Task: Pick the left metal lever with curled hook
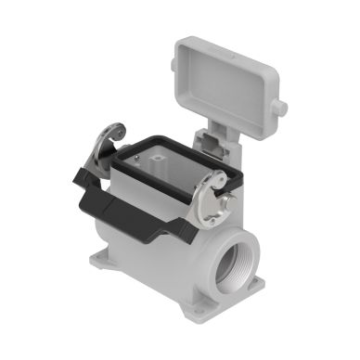119,144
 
